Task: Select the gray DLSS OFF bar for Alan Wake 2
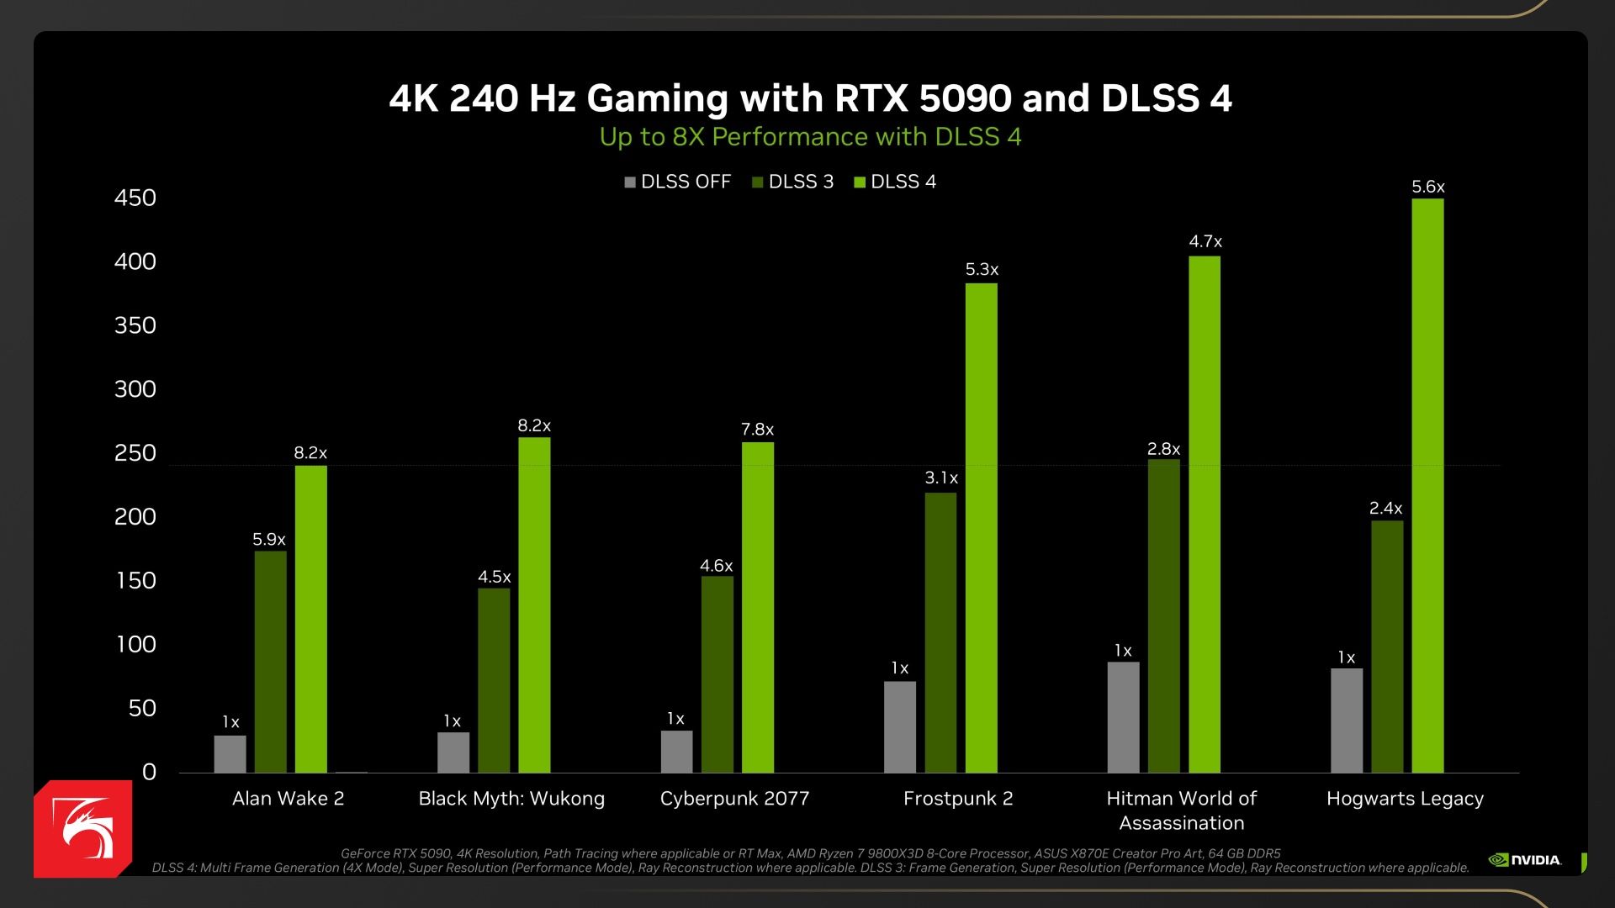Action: click(x=230, y=754)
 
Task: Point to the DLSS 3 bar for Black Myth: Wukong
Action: click(x=494, y=680)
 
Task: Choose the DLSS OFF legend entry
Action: click(x=678, y=182)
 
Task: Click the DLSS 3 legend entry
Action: click(x=792, y=182)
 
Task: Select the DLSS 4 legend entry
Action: click(x=895, y=182)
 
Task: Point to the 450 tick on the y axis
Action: click(x=135, y=198)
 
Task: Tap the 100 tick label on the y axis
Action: click(x=135, y=644)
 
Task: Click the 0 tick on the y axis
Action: click(x=149, y=772)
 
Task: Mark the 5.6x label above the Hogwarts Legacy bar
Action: click(x=1427, y=187)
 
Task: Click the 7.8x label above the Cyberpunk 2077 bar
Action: click(x=757, y=430)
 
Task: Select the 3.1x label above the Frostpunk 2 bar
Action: click(x=941, y=478)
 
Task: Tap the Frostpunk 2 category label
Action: click(x=958, y=798)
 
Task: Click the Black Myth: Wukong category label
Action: click(x=511, y=798)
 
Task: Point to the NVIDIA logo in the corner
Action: click(x=1525, y=859)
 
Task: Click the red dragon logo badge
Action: click(x=83, y=829)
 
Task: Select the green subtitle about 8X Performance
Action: click(x=810, y=136)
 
